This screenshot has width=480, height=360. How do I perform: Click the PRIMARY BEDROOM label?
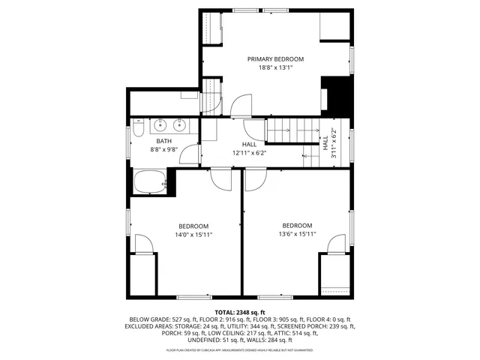275,58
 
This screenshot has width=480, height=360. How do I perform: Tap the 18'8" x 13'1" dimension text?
275,67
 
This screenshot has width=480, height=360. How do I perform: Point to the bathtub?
150,181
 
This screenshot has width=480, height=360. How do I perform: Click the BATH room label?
163,141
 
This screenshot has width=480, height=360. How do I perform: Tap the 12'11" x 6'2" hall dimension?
250,153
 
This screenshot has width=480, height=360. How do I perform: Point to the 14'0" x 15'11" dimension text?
193,235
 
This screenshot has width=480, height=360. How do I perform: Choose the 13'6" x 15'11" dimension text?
297,234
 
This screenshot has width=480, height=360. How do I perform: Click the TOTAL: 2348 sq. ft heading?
240,311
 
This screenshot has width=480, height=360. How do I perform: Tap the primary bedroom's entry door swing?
241,106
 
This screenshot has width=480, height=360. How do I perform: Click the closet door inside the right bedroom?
337,244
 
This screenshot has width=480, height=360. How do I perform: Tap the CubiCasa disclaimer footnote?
240,349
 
